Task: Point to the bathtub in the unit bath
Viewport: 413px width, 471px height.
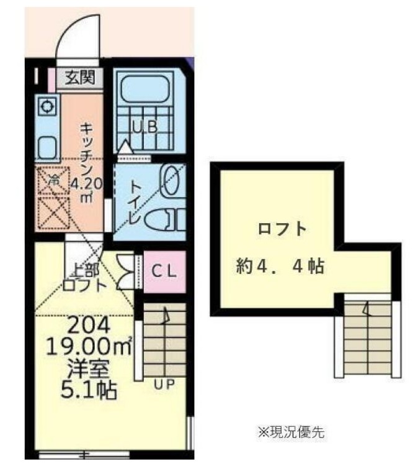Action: (146, 88)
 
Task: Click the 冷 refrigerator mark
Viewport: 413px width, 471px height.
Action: (54, 180)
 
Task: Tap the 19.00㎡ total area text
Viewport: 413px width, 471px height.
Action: (87, 345)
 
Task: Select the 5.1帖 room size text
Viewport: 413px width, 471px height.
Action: (87, 391)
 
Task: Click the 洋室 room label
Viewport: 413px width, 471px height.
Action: (87, 369)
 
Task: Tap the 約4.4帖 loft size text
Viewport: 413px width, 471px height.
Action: (280, 267)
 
